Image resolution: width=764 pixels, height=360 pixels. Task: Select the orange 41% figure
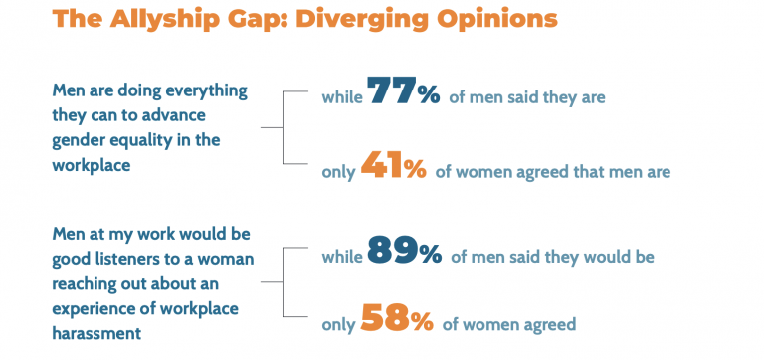coord(394,167)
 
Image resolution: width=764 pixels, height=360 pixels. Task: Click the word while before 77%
coord(341,97)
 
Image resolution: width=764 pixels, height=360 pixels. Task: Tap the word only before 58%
coord(338,325)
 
